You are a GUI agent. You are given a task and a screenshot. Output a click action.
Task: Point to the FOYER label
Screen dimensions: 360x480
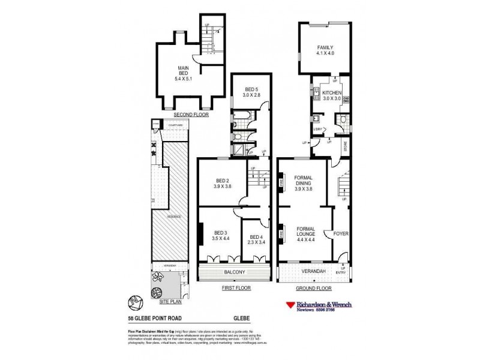tap(341, 233)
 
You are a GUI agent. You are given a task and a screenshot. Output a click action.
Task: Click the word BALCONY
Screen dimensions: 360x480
tap(236, 272)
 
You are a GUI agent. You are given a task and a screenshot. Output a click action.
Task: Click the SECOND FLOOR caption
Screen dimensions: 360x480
tap(190, 114)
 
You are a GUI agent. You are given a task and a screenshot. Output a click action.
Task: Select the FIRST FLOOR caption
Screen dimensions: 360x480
tap(236, 288)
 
